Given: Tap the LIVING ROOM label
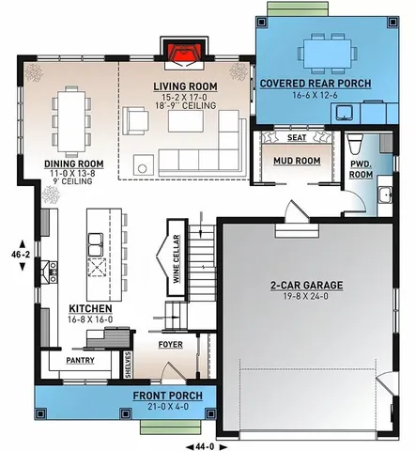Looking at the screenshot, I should coord(184,86).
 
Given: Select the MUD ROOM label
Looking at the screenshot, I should coord(290,159).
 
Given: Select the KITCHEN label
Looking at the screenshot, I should coord(91,308).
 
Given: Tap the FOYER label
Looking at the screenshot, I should coord(170,344).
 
